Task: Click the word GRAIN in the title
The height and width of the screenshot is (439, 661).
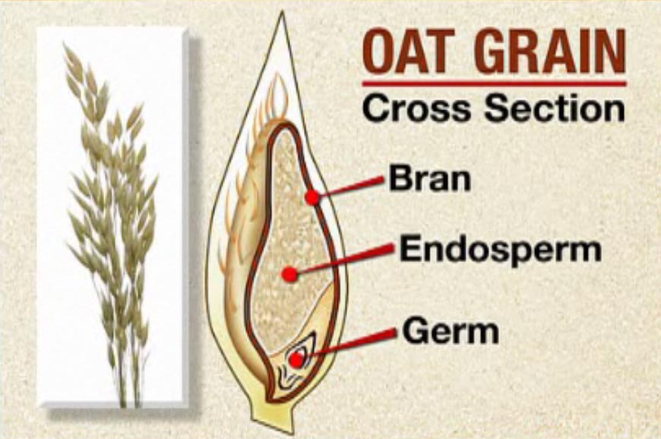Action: coord(550,51)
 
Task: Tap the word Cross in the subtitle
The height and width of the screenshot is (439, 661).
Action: coord(416,108)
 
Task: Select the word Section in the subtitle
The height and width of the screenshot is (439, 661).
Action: coord(555,108)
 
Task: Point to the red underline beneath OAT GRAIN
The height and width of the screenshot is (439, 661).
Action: coord(494,84)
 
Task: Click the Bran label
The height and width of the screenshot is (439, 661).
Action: coord(429,178)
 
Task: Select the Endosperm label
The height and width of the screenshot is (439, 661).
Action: coord(500,249)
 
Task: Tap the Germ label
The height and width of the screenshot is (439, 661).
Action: coord(451,330)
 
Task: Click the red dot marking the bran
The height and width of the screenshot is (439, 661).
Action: coord(312,197)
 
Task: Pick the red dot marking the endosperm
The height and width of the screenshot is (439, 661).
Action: coord(289,275)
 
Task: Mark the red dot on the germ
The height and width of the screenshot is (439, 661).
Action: coord(296,360)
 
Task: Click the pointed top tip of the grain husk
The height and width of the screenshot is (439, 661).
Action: coord(282,12)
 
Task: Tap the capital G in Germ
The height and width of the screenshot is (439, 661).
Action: coord(414,330)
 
